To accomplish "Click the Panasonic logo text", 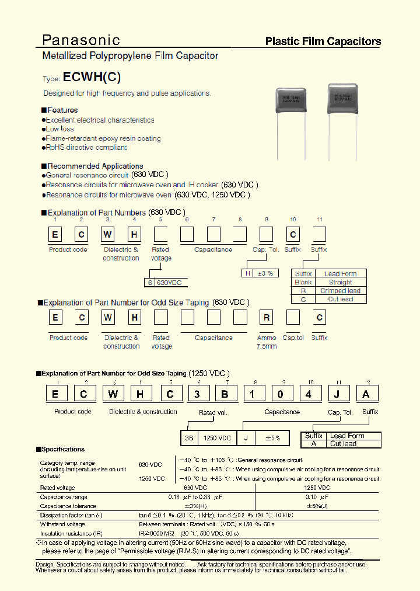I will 81,40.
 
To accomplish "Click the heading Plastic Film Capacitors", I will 323,41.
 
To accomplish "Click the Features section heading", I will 62,110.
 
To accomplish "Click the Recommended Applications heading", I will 94,166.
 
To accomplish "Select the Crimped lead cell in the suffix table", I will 340,290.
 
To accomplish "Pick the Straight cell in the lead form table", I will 340,282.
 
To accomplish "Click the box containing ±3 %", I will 261,273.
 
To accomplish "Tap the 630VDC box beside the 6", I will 170,283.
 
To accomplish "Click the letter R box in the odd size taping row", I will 267,318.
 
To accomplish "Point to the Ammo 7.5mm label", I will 267,342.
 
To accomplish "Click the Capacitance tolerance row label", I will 68,506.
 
